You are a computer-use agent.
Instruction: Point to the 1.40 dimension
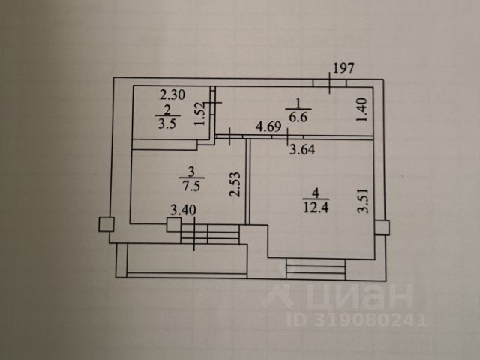(362, 111)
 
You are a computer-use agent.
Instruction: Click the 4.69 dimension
(268, 127)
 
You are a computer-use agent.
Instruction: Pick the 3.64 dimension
(303, 148)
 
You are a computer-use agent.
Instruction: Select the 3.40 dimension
(183, 210)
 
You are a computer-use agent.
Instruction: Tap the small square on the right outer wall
(381, 227)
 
